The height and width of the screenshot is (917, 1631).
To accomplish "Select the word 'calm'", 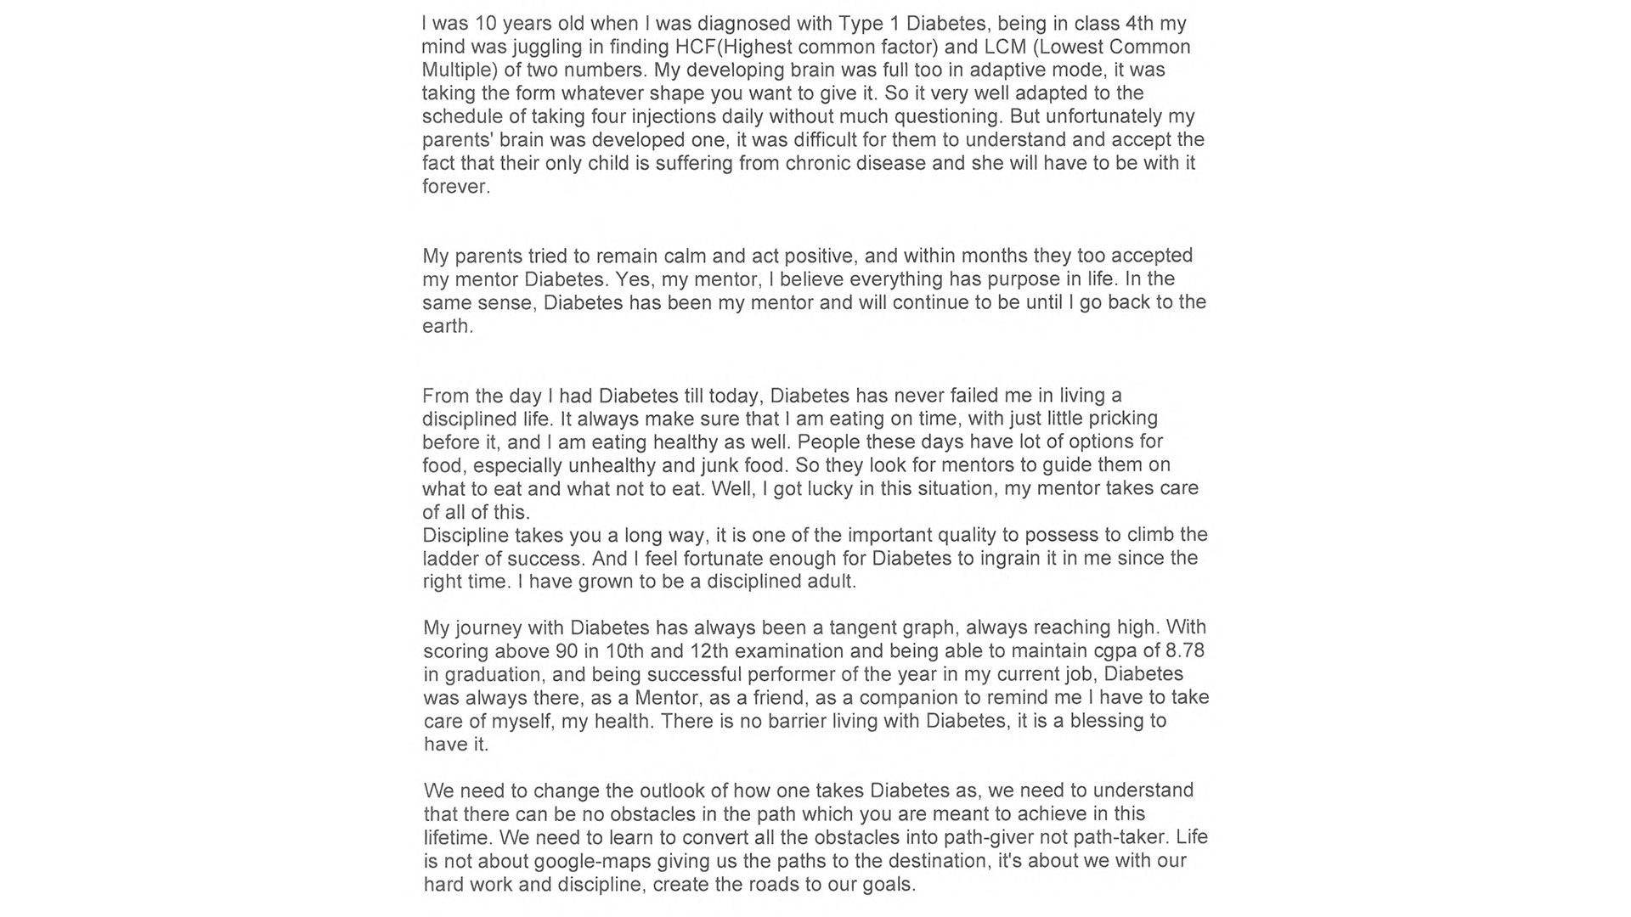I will tap(686, 256).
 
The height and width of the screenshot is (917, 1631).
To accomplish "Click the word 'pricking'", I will tap(1121, 419).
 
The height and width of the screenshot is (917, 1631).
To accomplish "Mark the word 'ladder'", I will tap(450, 559).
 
